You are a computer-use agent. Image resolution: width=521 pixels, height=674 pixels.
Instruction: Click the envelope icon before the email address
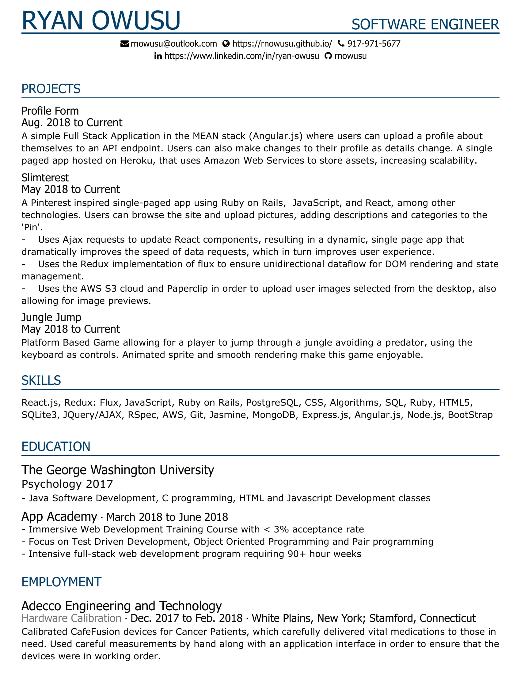[x=124, y=44]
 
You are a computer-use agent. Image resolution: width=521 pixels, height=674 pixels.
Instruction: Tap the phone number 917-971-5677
[x=374, y=44]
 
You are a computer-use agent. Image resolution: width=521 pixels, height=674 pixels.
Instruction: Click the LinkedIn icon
[x=158, y=56]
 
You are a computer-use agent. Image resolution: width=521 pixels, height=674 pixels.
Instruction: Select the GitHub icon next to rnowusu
[x=328, y=56]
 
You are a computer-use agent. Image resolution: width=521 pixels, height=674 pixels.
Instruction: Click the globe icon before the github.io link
[x=226, y=44]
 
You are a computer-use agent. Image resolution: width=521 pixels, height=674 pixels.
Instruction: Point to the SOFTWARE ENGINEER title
[x=425, y=25]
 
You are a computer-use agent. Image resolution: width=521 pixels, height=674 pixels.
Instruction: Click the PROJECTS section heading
[x=51, y=89]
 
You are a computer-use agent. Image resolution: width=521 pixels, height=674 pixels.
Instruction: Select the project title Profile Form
[x=50, y=111]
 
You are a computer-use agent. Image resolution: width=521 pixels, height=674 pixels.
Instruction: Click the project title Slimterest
[x=45, y=178]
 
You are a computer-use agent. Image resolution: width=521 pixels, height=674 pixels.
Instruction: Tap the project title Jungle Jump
[x=51, y=317]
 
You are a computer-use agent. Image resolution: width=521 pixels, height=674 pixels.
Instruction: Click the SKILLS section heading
[x=41, y=381]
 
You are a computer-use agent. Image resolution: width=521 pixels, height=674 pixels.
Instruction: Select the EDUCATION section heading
[x=56, y=447]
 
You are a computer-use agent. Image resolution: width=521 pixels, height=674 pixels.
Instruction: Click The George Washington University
[x=118, y=470]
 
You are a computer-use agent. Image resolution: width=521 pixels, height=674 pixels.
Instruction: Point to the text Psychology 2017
[x=67, y=484]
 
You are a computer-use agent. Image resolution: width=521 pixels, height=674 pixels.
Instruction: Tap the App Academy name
[x=59, y=517]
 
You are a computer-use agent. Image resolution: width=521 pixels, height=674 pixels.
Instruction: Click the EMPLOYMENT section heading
[x=61, y=582]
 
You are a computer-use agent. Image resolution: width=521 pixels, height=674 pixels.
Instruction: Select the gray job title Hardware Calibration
[x=71, y=619]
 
